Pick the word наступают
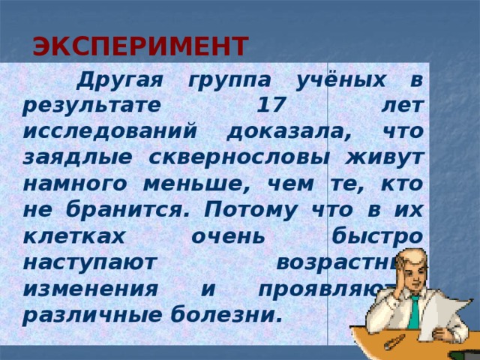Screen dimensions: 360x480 [x=88, y=262]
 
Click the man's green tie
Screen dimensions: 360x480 [x=414, y=311]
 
